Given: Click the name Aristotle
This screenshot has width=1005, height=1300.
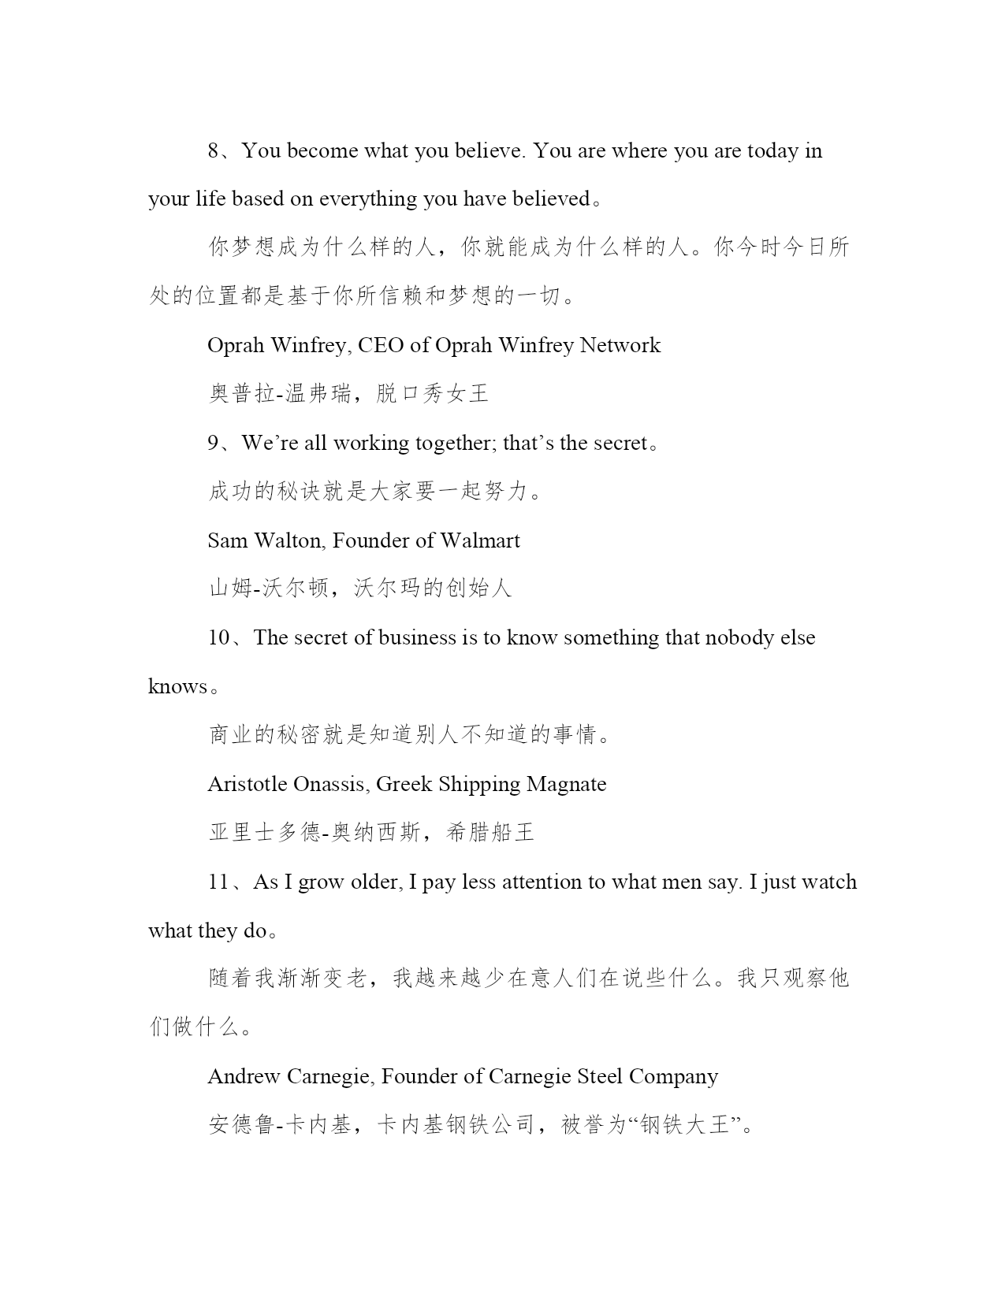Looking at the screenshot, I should point(248,784).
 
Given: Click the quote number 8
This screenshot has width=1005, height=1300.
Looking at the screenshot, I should point(214,150).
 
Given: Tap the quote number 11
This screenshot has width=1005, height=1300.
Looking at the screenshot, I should point(218,882).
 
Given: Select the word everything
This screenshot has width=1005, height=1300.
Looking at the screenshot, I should point(368,199).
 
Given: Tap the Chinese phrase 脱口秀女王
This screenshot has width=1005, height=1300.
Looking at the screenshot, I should point(432,393).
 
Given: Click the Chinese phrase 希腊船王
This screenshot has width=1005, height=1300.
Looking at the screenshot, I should point(489,832).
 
